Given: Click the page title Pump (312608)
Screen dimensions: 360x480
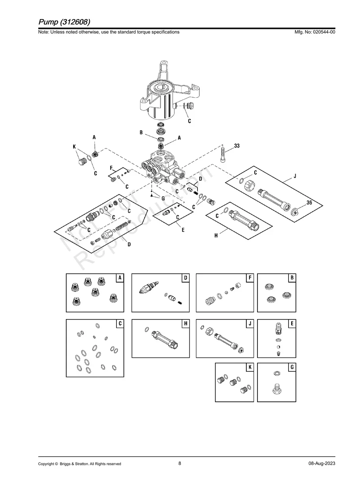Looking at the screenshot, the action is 64,22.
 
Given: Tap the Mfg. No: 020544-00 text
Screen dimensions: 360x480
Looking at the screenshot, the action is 315,32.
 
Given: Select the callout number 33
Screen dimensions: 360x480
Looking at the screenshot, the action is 237,146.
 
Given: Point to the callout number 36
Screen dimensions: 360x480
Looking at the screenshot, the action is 309,203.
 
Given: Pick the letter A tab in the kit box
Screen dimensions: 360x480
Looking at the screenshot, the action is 120,278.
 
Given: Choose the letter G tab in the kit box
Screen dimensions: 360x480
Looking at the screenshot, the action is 292,367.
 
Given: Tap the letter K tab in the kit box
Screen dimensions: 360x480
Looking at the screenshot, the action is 250,367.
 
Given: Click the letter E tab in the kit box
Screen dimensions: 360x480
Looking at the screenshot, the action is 292,323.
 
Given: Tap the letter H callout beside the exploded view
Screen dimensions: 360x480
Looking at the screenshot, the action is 216,235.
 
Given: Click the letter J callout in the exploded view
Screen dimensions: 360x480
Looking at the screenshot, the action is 295,176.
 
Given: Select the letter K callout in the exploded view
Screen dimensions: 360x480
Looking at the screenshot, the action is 74,147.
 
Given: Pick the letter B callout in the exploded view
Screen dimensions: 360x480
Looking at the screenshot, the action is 141,133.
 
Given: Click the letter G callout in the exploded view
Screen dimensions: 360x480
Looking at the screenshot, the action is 163,199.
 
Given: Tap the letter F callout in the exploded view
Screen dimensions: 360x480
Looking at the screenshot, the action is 111,168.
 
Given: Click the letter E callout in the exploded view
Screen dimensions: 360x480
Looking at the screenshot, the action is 183,230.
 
